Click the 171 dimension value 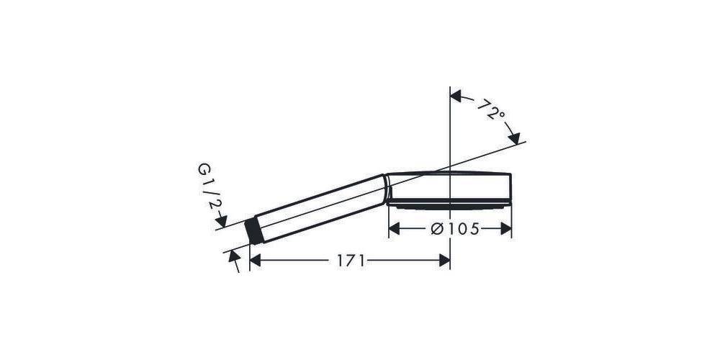tap(351, 261)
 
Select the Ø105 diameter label tap(455, 229)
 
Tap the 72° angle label tap(490, 109)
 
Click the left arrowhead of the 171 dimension tap(256, 261)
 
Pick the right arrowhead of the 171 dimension tap(444, 261)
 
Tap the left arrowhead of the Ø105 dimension tap(394, 228)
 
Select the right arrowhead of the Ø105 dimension tap(505, 228)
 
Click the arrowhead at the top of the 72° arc tap(456, 96)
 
